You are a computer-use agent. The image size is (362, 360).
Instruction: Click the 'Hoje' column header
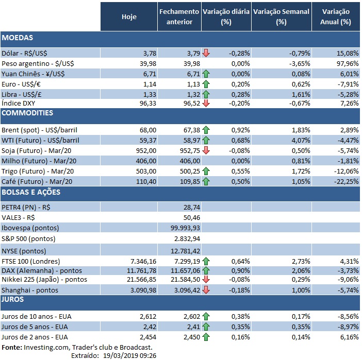pyautogui.click(x=129, y=17)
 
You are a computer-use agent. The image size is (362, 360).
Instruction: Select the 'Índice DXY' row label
pyautogui.click(x=19, y=104)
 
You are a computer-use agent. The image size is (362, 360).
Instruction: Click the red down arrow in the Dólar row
pyautogui.click(x=206, y=53)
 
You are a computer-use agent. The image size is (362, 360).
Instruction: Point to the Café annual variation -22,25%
pyautogui.click(x=346, y=181)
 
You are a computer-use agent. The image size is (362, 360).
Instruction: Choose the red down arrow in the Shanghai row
pyautogui.click(x=206, y=290)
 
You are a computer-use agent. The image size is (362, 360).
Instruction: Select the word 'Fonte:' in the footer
pyautogui.click(x=11, y=347)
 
